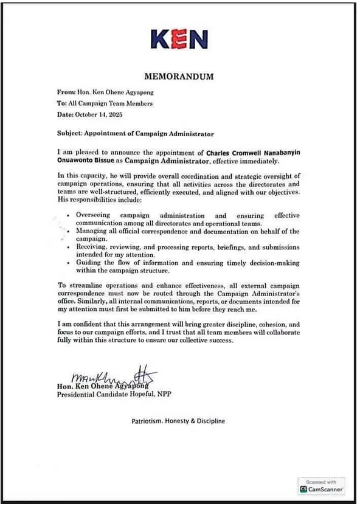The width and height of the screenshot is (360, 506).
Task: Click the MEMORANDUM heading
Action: coord(179,77)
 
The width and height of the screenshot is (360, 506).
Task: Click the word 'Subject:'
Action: coord(72,133)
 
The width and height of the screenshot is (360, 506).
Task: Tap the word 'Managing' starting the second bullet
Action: coord(94,232)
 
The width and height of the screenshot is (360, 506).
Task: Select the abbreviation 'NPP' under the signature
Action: coord(164,394)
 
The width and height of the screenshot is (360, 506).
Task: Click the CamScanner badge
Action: coord(321,485)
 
